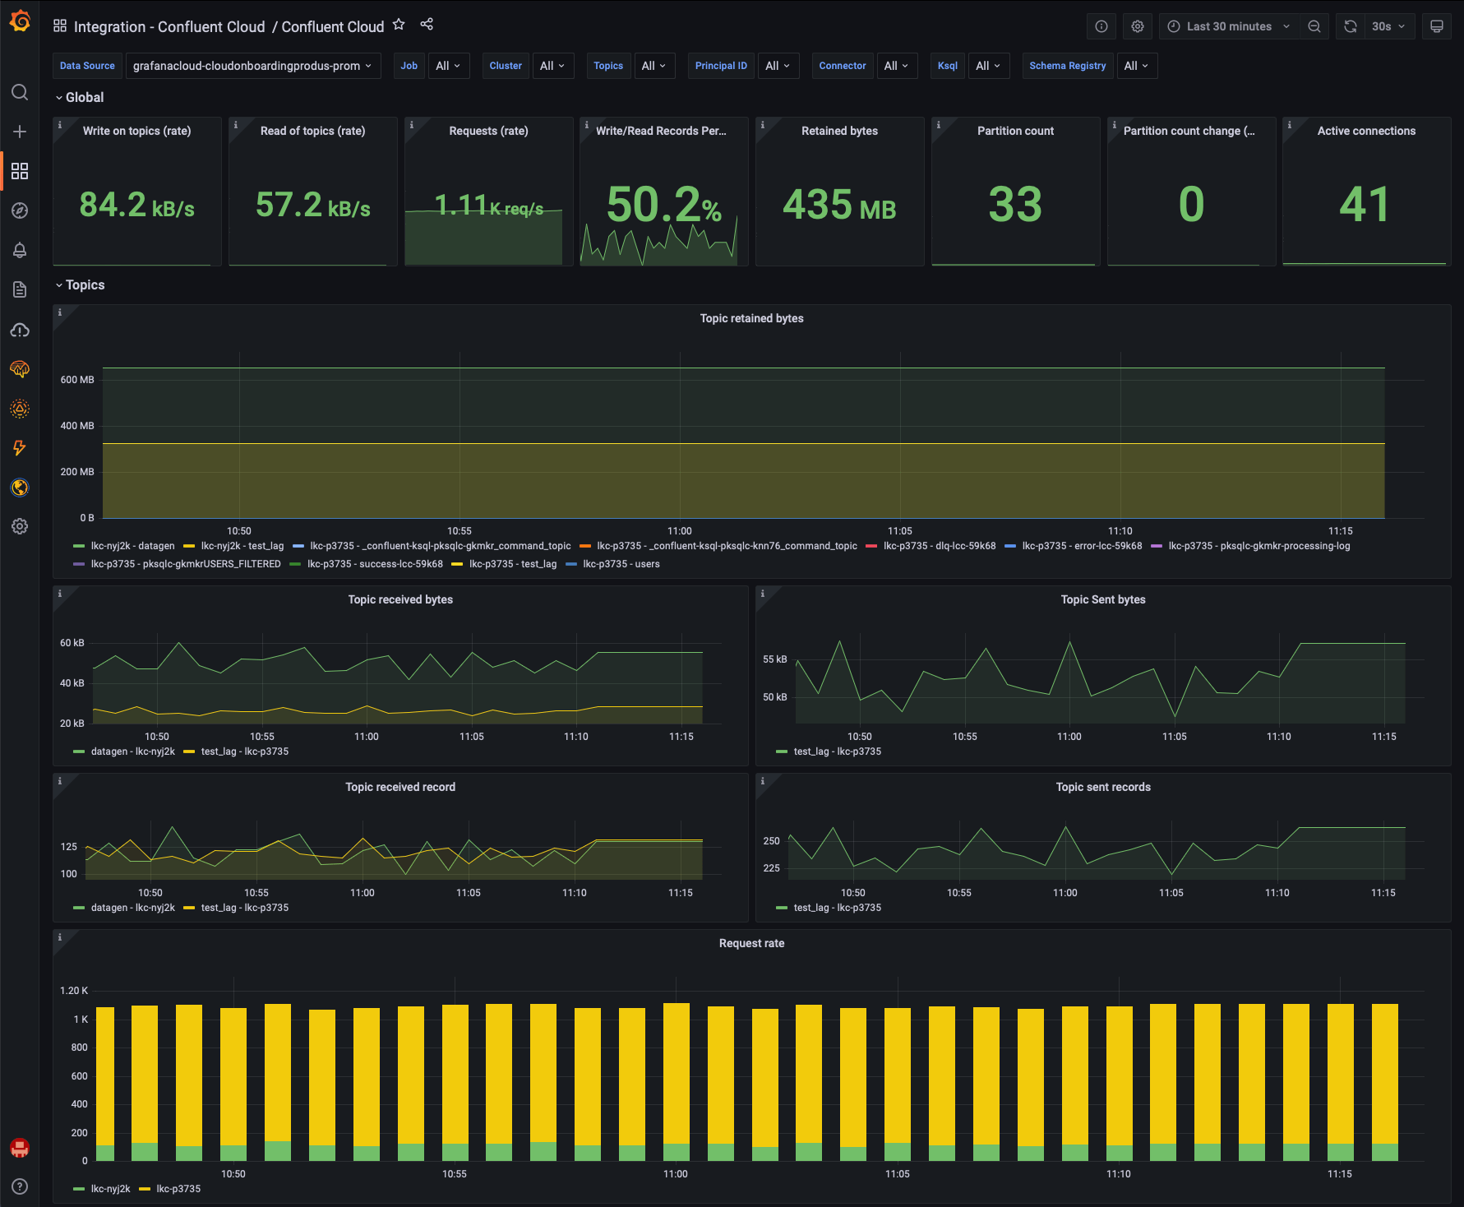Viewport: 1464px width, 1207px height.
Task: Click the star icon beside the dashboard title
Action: pyautogui.click(x=399, y=25)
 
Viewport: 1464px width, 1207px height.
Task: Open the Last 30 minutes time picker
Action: pyautogui.click(x=1228, y=26)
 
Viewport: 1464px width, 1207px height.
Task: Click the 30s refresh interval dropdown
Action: pyautogui.click(x=1388, y=26)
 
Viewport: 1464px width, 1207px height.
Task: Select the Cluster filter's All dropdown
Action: pyautogui.click(x=552, y=66)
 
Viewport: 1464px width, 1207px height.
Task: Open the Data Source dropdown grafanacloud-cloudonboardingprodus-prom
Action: pyautogui.click(x=252, y=66)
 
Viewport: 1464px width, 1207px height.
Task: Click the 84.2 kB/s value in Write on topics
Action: pyautogui.click(x=136, y=205)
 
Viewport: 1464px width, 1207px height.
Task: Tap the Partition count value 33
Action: pyautogui.click(x=1015, y=205)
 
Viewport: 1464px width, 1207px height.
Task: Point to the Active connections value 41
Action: pyautogui.click(x=1365, y=205)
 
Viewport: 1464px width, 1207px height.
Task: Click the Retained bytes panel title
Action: pyautogui.click(x=839, y=131)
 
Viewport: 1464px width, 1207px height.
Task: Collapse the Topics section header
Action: pyautogui.click(x=85, y=285)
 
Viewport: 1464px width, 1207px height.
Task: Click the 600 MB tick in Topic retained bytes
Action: pyautogui.click(x=77, y=380)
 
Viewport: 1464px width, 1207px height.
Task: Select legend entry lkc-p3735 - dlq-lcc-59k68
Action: pyautogui.click(x=939, y=546)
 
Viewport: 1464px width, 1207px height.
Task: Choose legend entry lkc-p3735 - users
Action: pyautogui.click(x=621, y=564)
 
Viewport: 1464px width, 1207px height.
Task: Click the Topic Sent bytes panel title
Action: pyautogui.click(x=1102, y=599)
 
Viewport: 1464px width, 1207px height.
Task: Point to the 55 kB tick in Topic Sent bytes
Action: pyautogui.click(x=774, y=659)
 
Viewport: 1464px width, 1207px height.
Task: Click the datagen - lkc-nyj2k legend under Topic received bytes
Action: pyautogui.click(x=132, y=751)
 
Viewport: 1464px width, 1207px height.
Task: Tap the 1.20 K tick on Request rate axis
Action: pyautogui.click(x=74, y=991)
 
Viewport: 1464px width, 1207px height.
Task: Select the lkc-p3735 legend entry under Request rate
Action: pyautogui.click(x=178, y=1189)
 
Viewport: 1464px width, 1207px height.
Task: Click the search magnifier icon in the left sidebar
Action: pyautogui.click(x=20, y=92)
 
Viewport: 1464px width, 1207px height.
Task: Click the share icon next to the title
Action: pyautogui.click(x=427, y=25)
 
